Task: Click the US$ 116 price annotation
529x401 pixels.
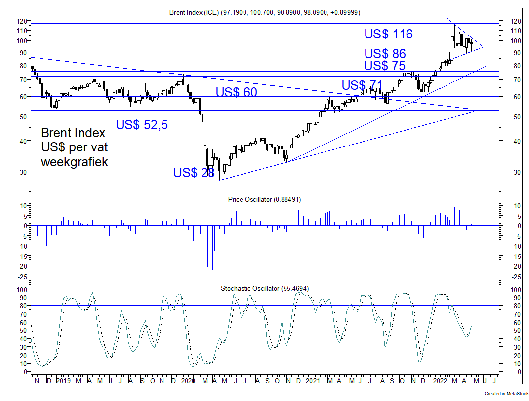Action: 388,34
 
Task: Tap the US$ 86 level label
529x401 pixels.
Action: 385,54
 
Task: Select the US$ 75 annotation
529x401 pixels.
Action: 385,66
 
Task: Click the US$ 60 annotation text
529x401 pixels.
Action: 236,92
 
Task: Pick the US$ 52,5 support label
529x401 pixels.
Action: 142,125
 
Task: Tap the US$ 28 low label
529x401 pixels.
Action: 194,173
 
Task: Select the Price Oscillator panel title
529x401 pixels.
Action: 264,200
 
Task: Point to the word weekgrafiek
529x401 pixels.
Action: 74,162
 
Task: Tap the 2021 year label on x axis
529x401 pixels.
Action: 312,381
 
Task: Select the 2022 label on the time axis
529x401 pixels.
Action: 438,381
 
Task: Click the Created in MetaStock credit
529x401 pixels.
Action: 505,394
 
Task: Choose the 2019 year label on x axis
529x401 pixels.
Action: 63,381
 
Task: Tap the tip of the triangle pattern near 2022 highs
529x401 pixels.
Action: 483,47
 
